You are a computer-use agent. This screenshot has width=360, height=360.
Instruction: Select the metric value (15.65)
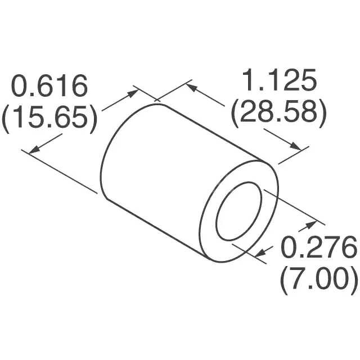(49, 118)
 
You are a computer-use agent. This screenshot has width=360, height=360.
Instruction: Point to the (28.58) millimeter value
(278, 113)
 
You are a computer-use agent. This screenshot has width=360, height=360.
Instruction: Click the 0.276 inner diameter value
(318, 247)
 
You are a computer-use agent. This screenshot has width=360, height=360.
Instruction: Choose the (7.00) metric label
(318, 278)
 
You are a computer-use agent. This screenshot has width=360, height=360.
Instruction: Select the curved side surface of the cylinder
(169, 157)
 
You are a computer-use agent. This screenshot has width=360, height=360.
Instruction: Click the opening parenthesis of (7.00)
(285, 279)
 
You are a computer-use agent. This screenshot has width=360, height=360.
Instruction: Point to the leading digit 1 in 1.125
(247, 82)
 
